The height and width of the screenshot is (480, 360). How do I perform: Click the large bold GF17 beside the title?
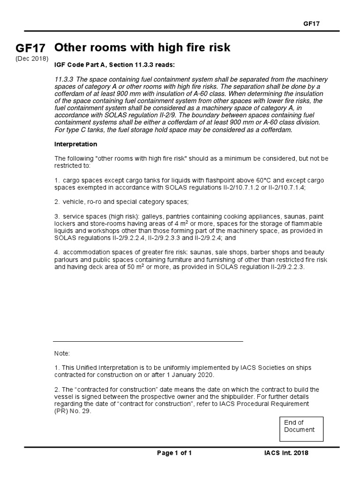(30, 49)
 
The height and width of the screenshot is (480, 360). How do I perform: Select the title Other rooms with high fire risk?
(142, 48)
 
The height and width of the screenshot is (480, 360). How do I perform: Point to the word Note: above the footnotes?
(62, 353)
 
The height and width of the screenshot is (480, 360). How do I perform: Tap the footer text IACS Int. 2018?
(286, 453)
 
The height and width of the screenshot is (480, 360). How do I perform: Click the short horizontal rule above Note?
(148, 342)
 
